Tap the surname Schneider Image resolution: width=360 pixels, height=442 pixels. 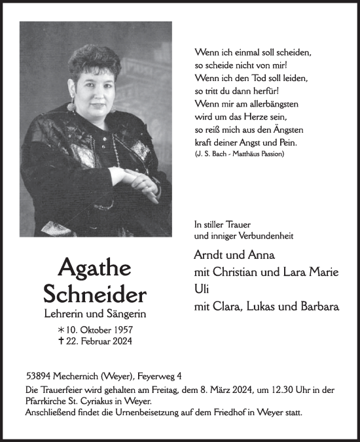[x=95, y=293]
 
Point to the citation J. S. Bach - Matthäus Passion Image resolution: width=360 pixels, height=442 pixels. [x=240, y=154]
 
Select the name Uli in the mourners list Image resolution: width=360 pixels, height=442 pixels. [x=201, y=288]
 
